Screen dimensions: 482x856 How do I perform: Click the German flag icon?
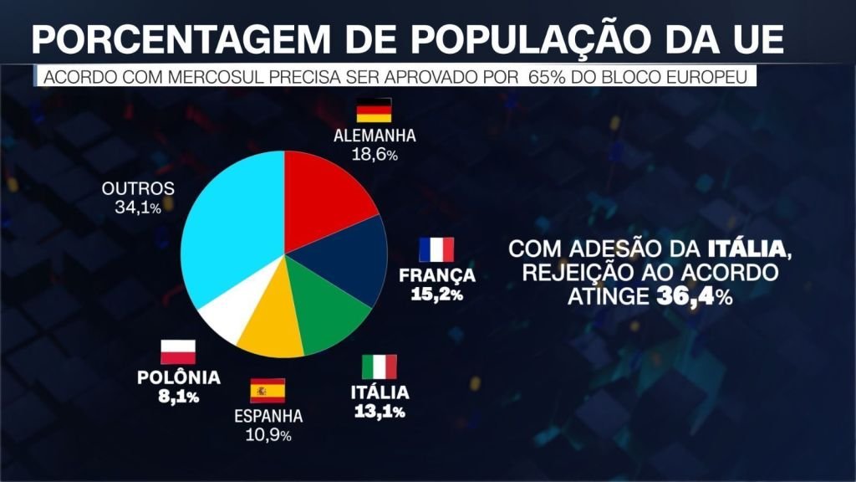click(x=374, y=111)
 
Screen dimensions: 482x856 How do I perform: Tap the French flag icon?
click(x=436, y=250)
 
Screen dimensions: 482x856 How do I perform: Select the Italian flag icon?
click(x=380, y=367)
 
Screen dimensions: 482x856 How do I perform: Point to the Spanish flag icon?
click(x=267, y=391)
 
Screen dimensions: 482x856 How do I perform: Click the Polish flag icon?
click(x=178, y=351)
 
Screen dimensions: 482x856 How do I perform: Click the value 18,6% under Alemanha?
click(x=374, y=153)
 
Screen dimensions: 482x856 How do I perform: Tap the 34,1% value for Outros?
click(x=138, y=207)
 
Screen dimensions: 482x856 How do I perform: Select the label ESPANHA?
click(x=268, y=417)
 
